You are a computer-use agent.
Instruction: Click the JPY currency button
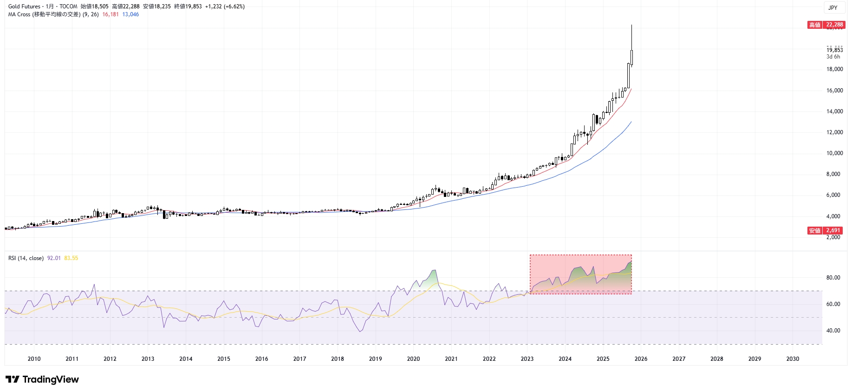tap(833, 7)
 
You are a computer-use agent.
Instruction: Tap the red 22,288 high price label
tap(834, 25)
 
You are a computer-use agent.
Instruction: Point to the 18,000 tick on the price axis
tap(834, 69)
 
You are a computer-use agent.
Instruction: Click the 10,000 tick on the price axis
tap(834, 153)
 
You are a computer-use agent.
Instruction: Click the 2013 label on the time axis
tap(148, 359)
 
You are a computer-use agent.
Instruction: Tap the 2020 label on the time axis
tap(413, 359)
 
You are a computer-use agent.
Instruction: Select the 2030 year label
tap(793, 359)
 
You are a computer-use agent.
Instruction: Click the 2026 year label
tap(641, 359)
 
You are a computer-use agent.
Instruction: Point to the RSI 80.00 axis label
tap(833, 278)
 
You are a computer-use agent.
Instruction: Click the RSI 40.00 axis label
tap(833, 331)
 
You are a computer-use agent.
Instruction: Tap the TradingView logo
tap(43, 379)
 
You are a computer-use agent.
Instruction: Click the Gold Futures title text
tap(24, 7)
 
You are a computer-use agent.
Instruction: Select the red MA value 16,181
tap(111, 14)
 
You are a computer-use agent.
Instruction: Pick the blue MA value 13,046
tap(130, 14)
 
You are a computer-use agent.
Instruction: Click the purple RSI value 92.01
tap(54, 258)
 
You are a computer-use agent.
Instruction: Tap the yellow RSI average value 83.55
tap(71, 258)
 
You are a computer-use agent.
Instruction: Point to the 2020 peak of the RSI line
tap(434, 270)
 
